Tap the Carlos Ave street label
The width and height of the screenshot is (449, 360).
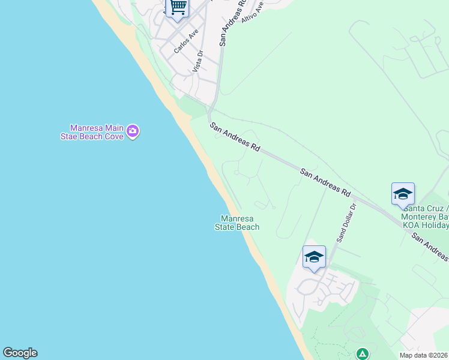(x=185, y=42)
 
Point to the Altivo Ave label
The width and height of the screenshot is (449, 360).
(x=252, y=12)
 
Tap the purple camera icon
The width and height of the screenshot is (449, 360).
(x=133, y=131)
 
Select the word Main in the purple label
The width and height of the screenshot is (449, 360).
(x=113, y=128)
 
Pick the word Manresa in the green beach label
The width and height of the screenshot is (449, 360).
(x=237, y=218)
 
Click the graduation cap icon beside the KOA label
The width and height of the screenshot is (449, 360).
(x=403, y=194)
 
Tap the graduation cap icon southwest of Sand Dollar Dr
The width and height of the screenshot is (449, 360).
(x=314, y=257)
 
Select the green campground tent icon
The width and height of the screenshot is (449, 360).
(x=362, y=354)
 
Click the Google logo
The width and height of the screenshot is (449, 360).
(x=20, y=353)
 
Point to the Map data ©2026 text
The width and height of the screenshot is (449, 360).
(x=424, y=355)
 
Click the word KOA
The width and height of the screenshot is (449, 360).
(x=412, y=225)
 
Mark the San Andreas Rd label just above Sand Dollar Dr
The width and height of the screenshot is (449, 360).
(x=325, y=182)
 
